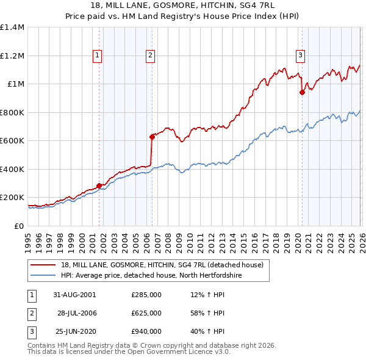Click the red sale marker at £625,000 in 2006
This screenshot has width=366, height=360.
152,137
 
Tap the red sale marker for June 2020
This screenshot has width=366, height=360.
302,93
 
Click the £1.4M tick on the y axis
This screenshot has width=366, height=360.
12,27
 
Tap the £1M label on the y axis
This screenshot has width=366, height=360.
16,84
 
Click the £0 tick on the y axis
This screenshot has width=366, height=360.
20,226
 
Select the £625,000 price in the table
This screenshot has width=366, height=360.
146,313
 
